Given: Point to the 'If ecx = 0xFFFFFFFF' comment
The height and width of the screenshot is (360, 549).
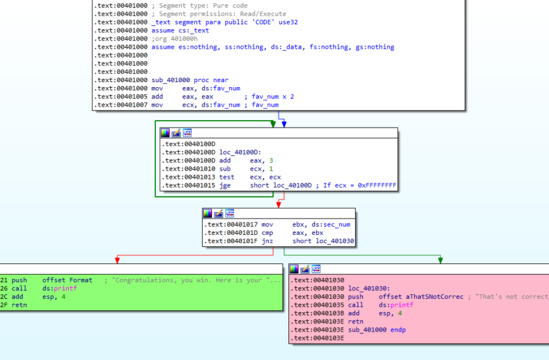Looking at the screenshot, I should point(360,186).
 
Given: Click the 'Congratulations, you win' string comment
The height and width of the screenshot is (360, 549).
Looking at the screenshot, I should point(196,280).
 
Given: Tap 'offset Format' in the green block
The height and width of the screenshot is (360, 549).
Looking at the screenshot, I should point(67,280).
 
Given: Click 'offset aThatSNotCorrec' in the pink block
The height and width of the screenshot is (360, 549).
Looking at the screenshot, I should point(421,297).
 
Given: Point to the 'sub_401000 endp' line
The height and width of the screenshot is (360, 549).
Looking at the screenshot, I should point(376,330).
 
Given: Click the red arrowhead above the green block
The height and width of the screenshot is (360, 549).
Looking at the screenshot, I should point(117,260).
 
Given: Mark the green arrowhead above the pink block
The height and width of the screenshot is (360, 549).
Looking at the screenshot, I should point(440,260).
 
